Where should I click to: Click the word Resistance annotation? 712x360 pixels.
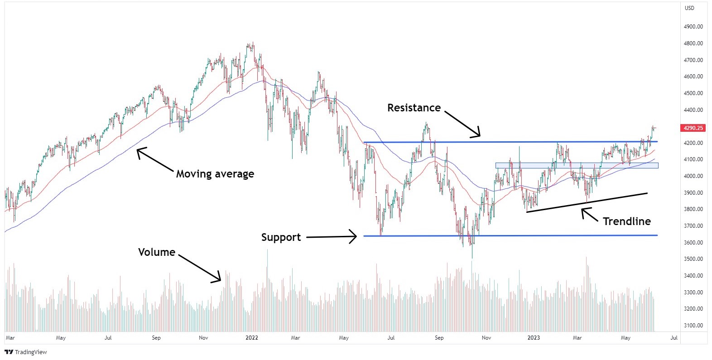[x=414, y=108]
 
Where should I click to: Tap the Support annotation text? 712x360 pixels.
[x=281, y=237]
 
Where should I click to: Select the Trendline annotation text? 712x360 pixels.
[x=626, y=221]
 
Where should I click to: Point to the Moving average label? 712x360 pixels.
[x=215, y=174]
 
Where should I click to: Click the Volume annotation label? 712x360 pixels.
[x=156, y=252]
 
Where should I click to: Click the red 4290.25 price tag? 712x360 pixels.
[x=693, y=128]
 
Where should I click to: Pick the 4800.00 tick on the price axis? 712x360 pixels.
[x=693, y=43]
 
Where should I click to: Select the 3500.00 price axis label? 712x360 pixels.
[x=693, y=259]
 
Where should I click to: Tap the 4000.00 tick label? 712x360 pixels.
[x=693, y=176]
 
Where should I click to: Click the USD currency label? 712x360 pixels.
[x=689, y=8]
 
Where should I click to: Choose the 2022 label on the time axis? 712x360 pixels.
[x=251, y=338]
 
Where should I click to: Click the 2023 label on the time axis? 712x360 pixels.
[x=534, y=338]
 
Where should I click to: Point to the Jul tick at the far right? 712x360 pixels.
[x=674, y=338]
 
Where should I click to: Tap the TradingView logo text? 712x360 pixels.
[x=30, y=352]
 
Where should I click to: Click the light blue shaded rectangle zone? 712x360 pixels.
[x=577, y=166]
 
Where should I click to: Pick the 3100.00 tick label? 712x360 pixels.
[x=693, y=326]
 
